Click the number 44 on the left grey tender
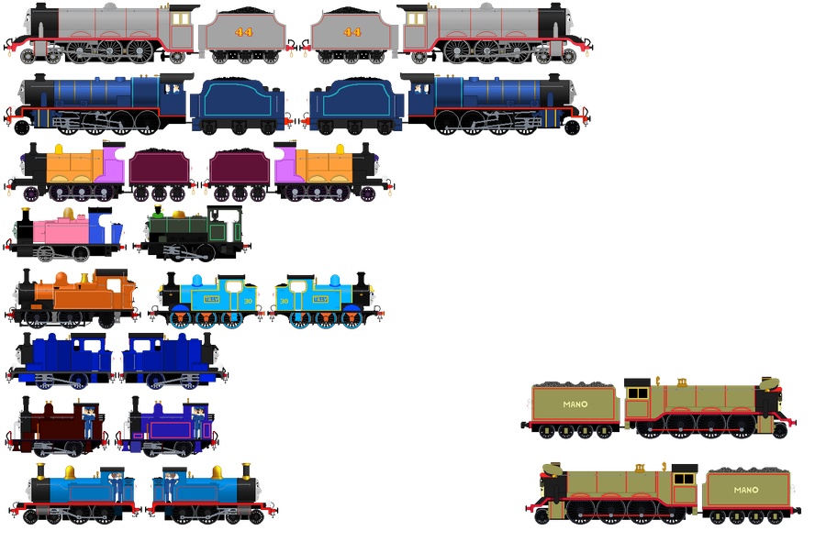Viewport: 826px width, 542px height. tap(243, 32)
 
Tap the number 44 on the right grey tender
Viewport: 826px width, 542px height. tap(352, 32)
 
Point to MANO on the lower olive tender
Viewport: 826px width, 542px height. tap(746, 490)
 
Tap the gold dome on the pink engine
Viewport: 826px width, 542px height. tap(67, 214)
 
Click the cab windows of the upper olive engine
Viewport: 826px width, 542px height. tap(636, 393)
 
